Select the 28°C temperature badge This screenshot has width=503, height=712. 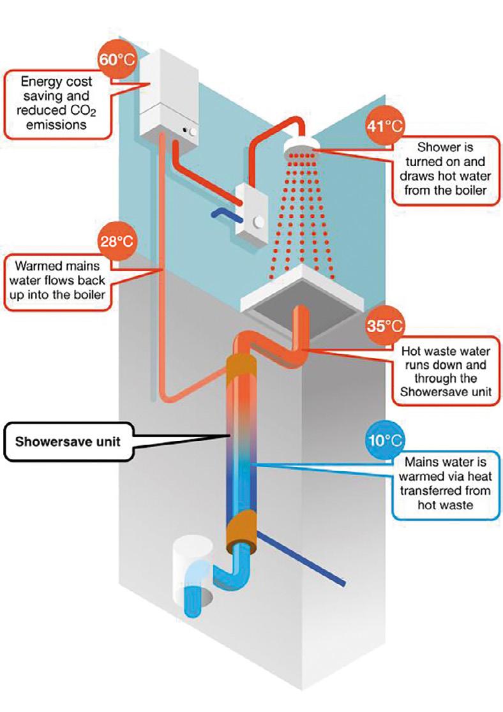(115, 241)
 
